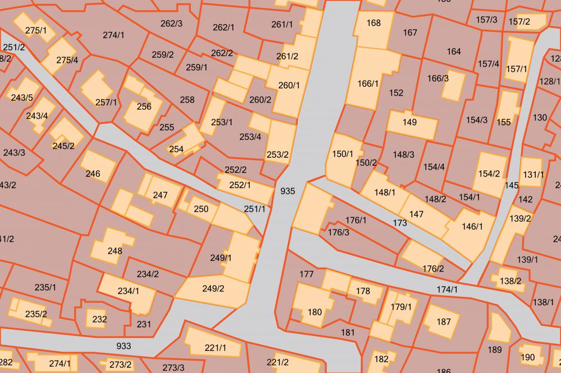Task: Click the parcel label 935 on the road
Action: [287, 191]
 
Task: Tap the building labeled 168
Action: [373, 25]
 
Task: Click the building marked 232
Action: [99, 319]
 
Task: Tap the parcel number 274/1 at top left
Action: [114, 35]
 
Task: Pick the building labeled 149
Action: [410, 123]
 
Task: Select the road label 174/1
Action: [447, 290]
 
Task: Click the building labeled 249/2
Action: [213, 290]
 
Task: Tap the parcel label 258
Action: [187, 100]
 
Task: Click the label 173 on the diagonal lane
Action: [400, 223]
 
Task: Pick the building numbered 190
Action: [528, 356]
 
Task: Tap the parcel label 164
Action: [454, 52]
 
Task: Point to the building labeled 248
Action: [114, 249]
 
